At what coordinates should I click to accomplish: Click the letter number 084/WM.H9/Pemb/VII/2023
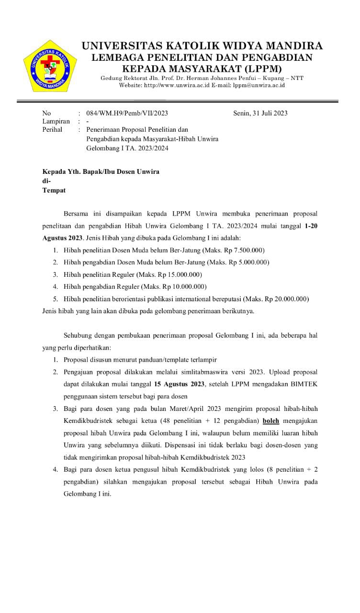127,114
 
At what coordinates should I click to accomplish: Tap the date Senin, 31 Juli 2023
260,114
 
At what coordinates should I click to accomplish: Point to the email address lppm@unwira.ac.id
259,85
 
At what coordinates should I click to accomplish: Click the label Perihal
52,129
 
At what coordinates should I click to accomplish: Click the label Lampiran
56,122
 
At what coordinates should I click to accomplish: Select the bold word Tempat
54,190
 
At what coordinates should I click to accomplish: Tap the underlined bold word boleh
271,421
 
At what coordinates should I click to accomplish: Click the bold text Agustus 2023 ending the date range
63,238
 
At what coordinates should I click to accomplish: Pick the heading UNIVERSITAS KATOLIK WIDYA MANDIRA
202,46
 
